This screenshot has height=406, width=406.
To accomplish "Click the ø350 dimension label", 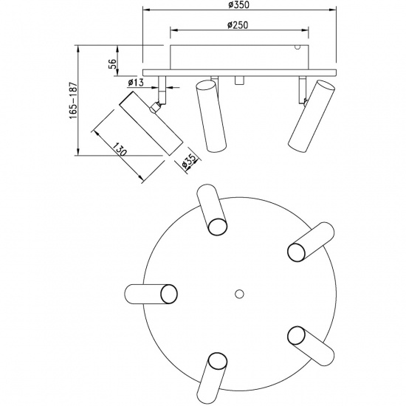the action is pos(238,4).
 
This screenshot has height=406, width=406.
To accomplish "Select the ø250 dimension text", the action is pos(238,25).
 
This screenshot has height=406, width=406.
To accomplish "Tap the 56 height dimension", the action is pos(112,63).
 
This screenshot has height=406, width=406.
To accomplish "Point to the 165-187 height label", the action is pos(73,100).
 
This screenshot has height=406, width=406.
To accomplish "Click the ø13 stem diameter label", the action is pos(135,83).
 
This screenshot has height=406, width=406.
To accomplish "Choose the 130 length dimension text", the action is pos(120,149).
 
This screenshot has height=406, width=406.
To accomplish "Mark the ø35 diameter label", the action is pos(188,162).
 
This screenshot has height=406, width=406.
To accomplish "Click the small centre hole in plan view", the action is pos(239,294).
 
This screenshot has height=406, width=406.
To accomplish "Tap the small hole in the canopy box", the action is pos(297,47).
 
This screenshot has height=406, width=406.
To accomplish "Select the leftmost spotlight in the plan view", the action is pos(151,294).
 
